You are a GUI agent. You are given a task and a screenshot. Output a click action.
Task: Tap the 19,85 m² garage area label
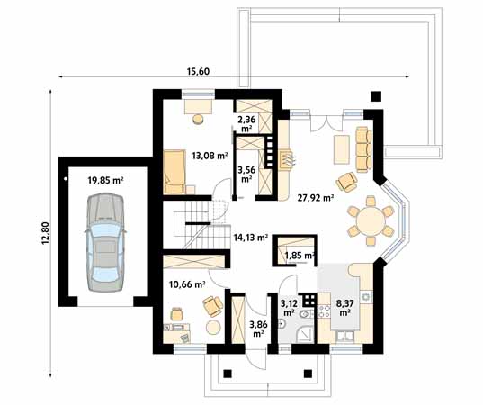point(105,179)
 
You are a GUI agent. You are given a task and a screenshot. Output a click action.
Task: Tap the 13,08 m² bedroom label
point(209,156)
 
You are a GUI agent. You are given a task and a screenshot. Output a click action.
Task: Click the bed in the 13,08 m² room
point(174,172)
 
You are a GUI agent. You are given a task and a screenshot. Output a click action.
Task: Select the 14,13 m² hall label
point(251,238)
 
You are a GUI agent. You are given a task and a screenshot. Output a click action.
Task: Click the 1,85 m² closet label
point(298,256)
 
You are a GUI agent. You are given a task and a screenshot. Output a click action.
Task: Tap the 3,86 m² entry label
point(257,328)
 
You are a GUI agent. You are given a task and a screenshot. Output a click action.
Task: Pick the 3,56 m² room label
point(246,170)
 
